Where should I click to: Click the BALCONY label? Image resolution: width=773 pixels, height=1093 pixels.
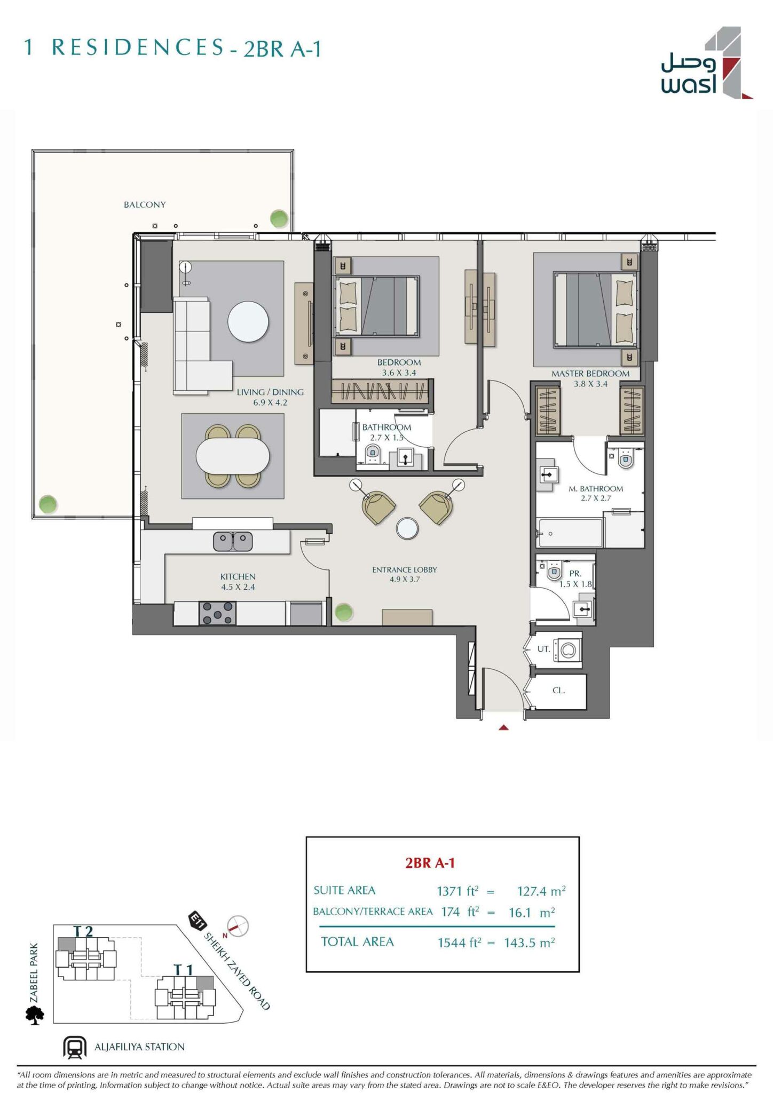tap(145, 204)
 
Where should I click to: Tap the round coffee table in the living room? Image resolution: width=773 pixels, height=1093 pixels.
tap(248, 322)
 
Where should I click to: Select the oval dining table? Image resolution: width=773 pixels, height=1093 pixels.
tap(233, 456)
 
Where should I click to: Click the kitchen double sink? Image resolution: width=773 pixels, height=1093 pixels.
tap(233, 541)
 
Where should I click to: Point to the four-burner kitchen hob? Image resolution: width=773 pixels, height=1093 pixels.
tap(217, 613)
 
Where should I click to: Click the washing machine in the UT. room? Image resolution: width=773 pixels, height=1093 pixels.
tap(567, 650)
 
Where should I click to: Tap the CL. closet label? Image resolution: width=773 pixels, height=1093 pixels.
tap(558, 690)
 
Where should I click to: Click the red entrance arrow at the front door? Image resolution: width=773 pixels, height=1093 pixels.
tap(503, 727)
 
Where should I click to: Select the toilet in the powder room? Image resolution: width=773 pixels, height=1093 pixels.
tap(554, 572)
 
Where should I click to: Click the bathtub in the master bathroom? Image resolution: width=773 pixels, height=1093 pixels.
tap(570, 533)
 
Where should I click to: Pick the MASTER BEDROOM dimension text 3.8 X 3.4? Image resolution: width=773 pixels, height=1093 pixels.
tap(590, 384)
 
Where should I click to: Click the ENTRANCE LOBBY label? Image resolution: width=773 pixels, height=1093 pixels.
tap(404, 569)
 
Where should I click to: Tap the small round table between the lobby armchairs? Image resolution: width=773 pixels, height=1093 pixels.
tap(407, 528)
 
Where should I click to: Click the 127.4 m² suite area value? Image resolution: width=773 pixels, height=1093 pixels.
tap(541, 891)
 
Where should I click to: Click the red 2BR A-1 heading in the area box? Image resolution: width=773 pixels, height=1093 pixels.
tap(430, 863)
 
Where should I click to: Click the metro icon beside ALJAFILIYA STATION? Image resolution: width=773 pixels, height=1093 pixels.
tap(75, 1047)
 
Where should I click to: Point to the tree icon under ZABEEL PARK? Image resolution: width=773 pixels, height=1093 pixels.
tap(35, 1015)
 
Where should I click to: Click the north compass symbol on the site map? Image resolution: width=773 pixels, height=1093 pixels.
tap(238, 926)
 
